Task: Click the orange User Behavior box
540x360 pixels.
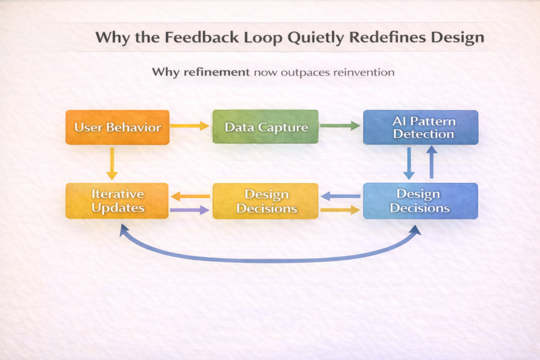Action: tap(118, 128)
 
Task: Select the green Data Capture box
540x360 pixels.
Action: tap(265, 127)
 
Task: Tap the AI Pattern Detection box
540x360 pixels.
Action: tap(420, 128)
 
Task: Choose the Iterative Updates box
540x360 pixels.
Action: tap(117, 201)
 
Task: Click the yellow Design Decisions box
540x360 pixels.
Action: tap(265, 201)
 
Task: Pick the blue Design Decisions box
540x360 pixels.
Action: tap(420, 201)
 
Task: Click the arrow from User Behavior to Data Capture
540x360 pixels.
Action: tap(190, 125)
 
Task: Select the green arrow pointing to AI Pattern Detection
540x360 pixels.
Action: tap(340, 125)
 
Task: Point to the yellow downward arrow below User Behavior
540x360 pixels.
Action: tap(112, 163)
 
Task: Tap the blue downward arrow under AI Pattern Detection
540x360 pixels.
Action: tap(409, 163)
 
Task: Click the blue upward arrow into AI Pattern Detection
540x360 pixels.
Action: tap(431, 162)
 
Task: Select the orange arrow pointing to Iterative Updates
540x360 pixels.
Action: tap(190, 197)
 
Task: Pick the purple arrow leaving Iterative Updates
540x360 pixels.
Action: tap(190, 210)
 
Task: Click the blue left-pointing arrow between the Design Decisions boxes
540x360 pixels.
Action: tap(341, 196)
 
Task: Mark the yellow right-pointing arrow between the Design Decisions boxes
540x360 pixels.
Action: tap(340, 210)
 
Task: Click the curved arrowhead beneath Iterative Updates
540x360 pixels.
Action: tap(123, 230)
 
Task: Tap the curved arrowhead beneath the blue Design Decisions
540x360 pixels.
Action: tap(416, 230)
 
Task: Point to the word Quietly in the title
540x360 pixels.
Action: tap(315, 38)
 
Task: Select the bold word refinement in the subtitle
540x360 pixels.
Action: tap(217, 72)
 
